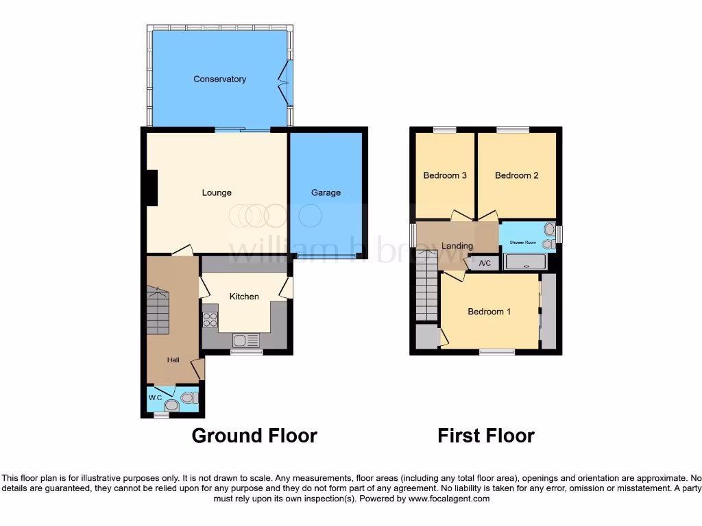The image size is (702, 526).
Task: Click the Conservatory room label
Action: pos(219,79)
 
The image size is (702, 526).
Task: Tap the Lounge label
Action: pos(217,193)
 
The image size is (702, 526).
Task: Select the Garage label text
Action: pos(326,193)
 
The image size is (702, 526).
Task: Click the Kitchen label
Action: pos(244,297)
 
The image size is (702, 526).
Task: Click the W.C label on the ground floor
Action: pos(155,398)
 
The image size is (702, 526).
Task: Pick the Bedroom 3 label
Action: pos(445,175)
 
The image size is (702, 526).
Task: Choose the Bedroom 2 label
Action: pos(516,175)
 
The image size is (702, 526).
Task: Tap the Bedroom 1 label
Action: pos(489,312)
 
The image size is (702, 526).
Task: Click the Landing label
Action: pos(457,246)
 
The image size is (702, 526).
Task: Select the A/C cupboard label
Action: pos(485,264)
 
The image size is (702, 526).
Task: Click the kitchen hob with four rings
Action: pos(210,319)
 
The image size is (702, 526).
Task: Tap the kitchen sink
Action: pos(245,340)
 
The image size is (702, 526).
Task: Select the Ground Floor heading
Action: pos(254,436)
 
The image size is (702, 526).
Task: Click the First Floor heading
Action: pos(486,436)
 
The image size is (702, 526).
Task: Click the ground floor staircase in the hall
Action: pos(157,312)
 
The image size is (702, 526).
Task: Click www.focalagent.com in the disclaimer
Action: pos(448,499)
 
